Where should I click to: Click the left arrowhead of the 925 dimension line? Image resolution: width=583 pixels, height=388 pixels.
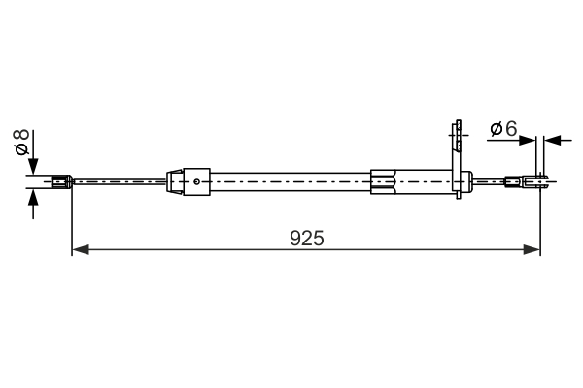click(81, 250)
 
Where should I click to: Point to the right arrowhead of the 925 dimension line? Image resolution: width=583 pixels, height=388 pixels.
click(532, 250)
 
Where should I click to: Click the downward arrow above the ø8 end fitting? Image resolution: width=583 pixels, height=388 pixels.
click(34, 165)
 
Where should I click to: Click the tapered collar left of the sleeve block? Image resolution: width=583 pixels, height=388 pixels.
click(175, 180)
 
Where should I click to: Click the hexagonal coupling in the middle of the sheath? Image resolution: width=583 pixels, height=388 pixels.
click(384, 180)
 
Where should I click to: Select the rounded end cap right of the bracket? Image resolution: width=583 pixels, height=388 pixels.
click(467, 179)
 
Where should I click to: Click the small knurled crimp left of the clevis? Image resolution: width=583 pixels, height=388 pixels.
click(511, 179)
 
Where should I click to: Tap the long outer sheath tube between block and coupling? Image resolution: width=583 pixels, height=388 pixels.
click(291, 180)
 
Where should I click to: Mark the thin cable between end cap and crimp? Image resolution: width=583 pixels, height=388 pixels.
click(490, 179)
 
